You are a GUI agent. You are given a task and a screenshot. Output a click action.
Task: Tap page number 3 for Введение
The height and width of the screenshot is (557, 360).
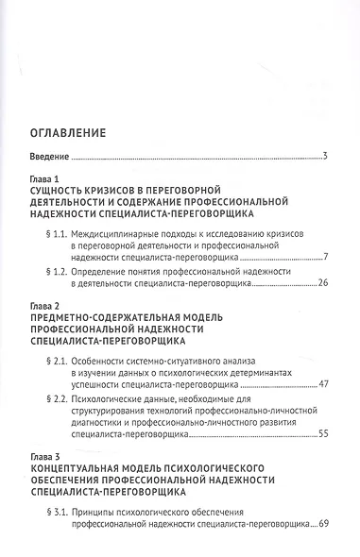coord(324,155)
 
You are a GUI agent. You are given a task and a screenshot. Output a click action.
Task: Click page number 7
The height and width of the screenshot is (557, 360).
coord(324,256)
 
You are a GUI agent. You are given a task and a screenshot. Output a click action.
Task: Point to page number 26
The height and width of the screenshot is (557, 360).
coord(321,283)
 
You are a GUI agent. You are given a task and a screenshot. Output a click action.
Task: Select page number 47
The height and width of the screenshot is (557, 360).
coord(321,384)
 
